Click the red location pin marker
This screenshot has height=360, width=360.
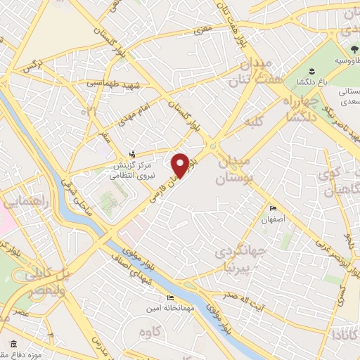[181, 165]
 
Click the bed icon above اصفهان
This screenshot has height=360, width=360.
[274, 209]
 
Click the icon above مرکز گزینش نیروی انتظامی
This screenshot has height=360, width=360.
[131, 154]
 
